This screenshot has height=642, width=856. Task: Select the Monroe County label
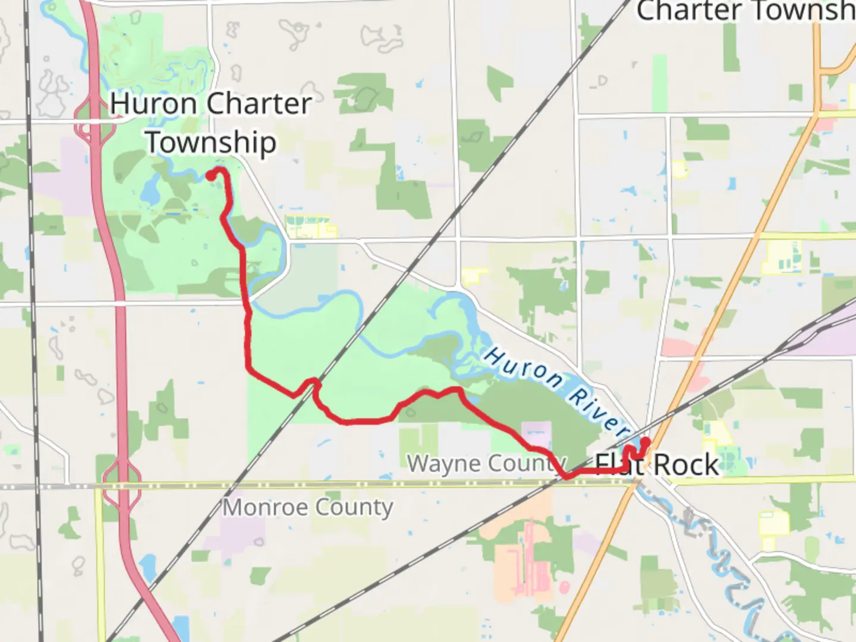[308, 508]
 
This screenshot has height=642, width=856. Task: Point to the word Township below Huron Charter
[211, 143]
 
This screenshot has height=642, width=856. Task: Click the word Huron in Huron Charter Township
[153, 104]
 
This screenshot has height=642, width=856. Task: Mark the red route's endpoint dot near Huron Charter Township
[210, 175]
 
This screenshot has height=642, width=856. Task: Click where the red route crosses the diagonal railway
[314, 383]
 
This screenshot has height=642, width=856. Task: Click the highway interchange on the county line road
[122, 479]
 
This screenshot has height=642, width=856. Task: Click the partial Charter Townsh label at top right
[745, 12]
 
